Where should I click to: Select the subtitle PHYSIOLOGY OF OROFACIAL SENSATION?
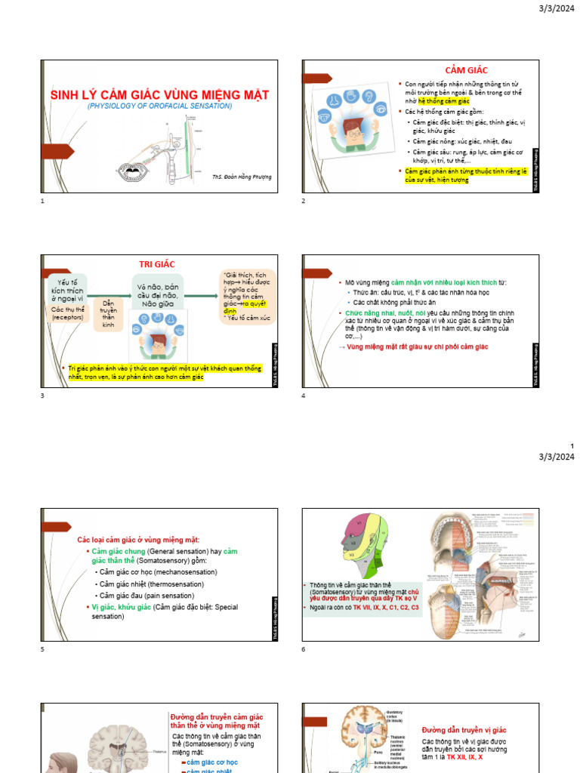pos(159,106)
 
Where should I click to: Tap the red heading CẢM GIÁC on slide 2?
pos(466,70)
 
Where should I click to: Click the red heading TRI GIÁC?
pos(156,264)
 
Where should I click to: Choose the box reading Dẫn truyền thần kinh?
pos(108,313)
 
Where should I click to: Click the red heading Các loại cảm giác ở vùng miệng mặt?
pos(138,539)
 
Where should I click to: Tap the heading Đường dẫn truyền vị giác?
pos(464,730)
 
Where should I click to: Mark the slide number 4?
pos(303,396)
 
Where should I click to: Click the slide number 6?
pos(303,649)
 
